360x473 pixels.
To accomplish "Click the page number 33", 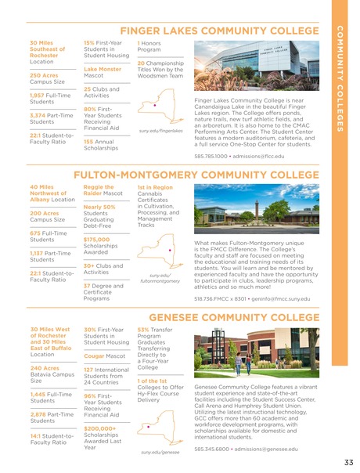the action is point(347,462).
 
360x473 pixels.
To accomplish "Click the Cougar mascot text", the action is point(97,356).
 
